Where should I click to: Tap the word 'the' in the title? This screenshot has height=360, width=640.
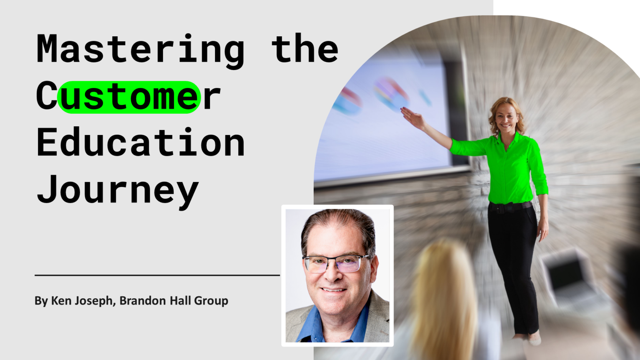pyautogui.click(x=305, y=49)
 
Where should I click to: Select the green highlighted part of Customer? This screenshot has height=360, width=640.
pyautogui.click(x=129, y=97)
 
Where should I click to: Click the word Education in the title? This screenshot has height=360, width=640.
pyautogui.click(x=140, y=143)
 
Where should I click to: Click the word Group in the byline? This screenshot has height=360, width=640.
pyautogui.click(x=211, y=301)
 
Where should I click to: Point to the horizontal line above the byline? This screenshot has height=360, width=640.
pyautogui.click(x=157, y=275)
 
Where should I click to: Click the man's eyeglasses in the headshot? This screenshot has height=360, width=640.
pyautogui.click(x=336, y=263)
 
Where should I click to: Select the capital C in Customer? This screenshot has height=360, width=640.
pyautogui.click(x=46, y=96)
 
